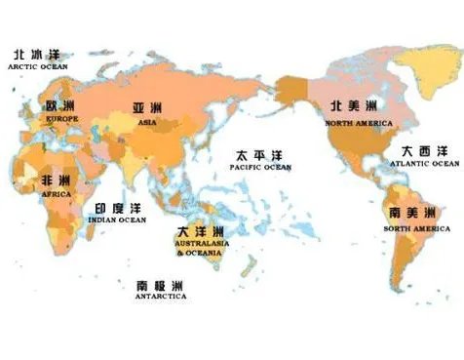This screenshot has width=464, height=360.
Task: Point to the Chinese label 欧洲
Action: (60, 104)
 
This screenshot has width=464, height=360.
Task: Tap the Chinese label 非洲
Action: (55, 181)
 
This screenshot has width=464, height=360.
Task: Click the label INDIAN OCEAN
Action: (117, 220)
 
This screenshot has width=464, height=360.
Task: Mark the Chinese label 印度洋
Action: (117, 209)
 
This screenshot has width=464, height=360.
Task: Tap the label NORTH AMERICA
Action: (360, 123)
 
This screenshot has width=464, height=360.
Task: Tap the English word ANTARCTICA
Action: (161, 298)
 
